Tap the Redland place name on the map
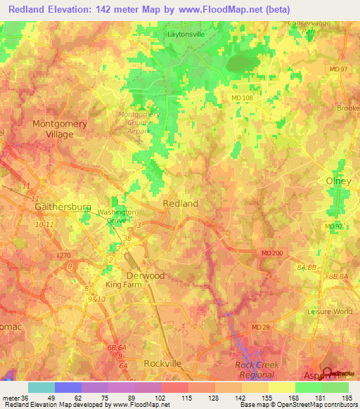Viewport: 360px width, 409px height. pos(181,203)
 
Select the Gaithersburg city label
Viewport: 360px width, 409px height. pos(63,208)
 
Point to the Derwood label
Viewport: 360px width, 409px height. pos(145,275)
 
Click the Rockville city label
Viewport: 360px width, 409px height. pos(162,363)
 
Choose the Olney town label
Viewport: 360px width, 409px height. pos(338,181)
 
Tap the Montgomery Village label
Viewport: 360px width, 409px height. pos(60,129)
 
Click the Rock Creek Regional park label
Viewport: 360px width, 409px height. pos(257,370)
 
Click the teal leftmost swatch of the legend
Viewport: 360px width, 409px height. pos(41,387)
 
